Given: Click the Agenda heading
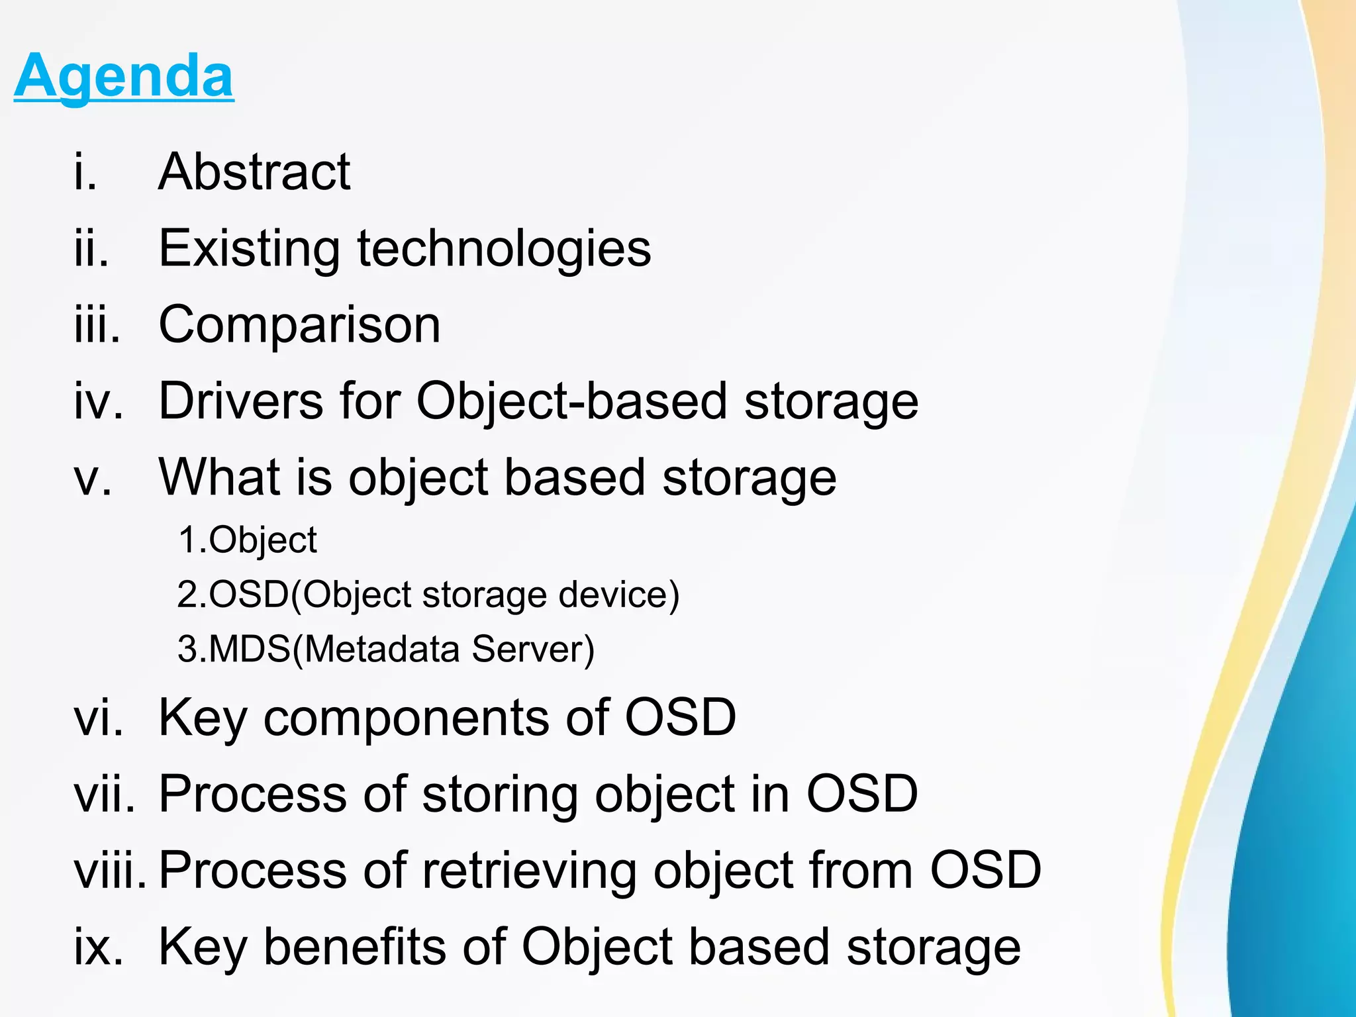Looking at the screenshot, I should (124, 75).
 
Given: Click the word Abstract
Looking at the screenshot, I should (254, 172).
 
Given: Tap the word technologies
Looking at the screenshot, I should (504, 249).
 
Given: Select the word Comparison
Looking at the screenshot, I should (299, 325).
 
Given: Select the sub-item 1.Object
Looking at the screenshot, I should (248, 540).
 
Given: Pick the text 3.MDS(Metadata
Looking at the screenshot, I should (318, 649).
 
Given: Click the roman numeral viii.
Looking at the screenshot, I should (109, 870).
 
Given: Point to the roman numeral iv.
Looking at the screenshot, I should (99, 401).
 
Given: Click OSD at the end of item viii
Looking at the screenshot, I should (985, 870).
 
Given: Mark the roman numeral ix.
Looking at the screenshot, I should (98, 947).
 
